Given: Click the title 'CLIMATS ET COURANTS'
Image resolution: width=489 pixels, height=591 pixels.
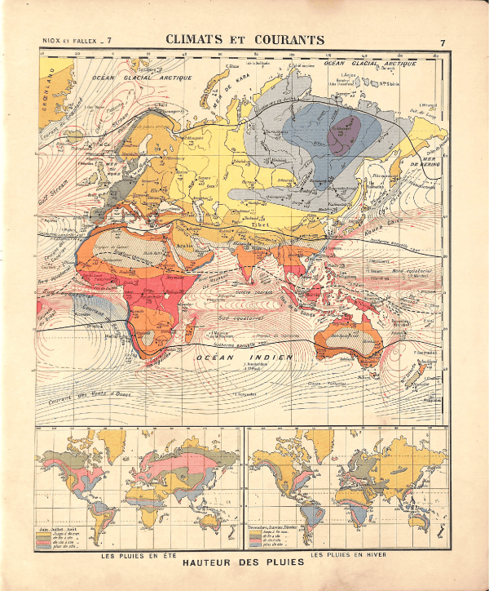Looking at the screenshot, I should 244,39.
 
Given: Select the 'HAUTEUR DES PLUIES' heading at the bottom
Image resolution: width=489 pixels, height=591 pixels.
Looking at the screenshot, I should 244,562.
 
